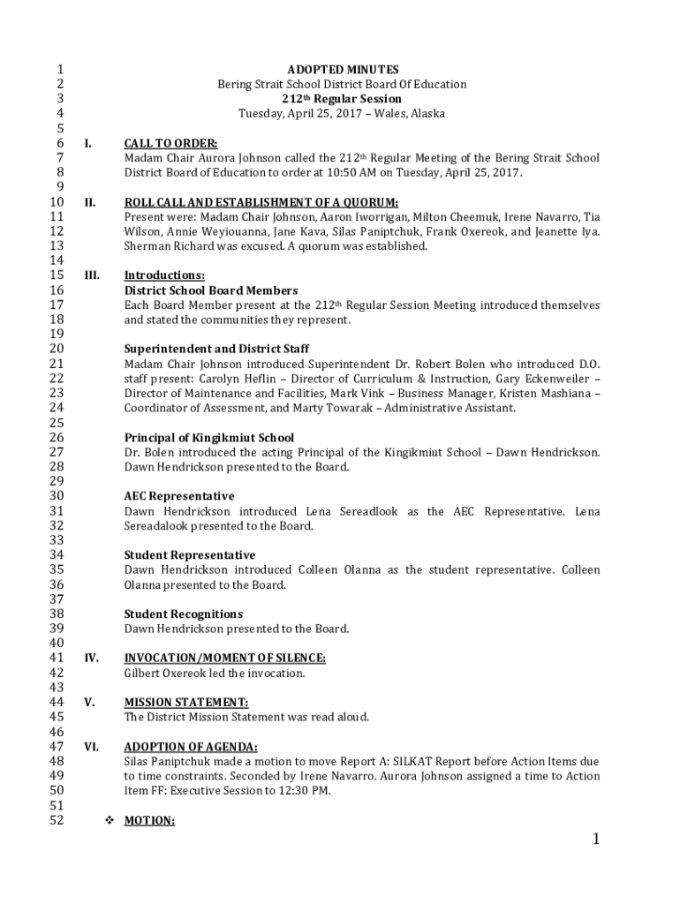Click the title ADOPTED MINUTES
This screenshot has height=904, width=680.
coord(343,70)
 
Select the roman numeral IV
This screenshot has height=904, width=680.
coord(90,659)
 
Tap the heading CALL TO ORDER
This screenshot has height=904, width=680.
coord(170,143)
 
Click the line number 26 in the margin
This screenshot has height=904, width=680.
coord(57,438)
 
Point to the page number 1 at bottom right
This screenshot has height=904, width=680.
coord(596,840)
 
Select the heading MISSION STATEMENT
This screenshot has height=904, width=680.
coord(185,703)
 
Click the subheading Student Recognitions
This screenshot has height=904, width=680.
coord(183,614)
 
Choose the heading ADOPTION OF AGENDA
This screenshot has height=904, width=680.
coord(191,747)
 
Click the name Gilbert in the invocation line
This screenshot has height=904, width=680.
coord(142,674)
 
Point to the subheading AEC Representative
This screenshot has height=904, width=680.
coord(178,497)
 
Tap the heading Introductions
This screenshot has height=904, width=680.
coord(164,275)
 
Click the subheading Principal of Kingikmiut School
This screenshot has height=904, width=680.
coord(208,438)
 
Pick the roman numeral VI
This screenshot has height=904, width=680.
coord(90,747)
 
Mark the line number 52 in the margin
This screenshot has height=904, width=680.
coord(57,821)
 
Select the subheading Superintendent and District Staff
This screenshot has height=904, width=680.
coord(216,350)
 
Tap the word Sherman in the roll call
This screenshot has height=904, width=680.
coord(147,246)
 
